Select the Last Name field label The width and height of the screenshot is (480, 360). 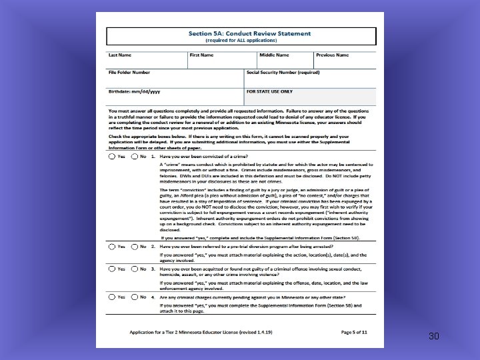click(121, 55)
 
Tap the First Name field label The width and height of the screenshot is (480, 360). click(202, 55)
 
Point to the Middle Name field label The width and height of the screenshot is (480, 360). click(274, 55)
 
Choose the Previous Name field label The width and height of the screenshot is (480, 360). click(332, 55)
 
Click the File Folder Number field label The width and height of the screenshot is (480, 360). click(129, 72)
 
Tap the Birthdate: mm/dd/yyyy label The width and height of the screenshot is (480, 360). click(134, 91)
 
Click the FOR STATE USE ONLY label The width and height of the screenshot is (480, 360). click(269, 91)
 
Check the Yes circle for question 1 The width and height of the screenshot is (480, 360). click(111, 157)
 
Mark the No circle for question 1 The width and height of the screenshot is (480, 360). click(135, 157)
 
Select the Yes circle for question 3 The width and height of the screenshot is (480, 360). click(111, 269)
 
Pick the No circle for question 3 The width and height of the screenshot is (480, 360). click(135, 269)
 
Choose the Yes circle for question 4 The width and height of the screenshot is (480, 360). click(111, 297)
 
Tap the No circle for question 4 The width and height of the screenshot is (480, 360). click(135, 297)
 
